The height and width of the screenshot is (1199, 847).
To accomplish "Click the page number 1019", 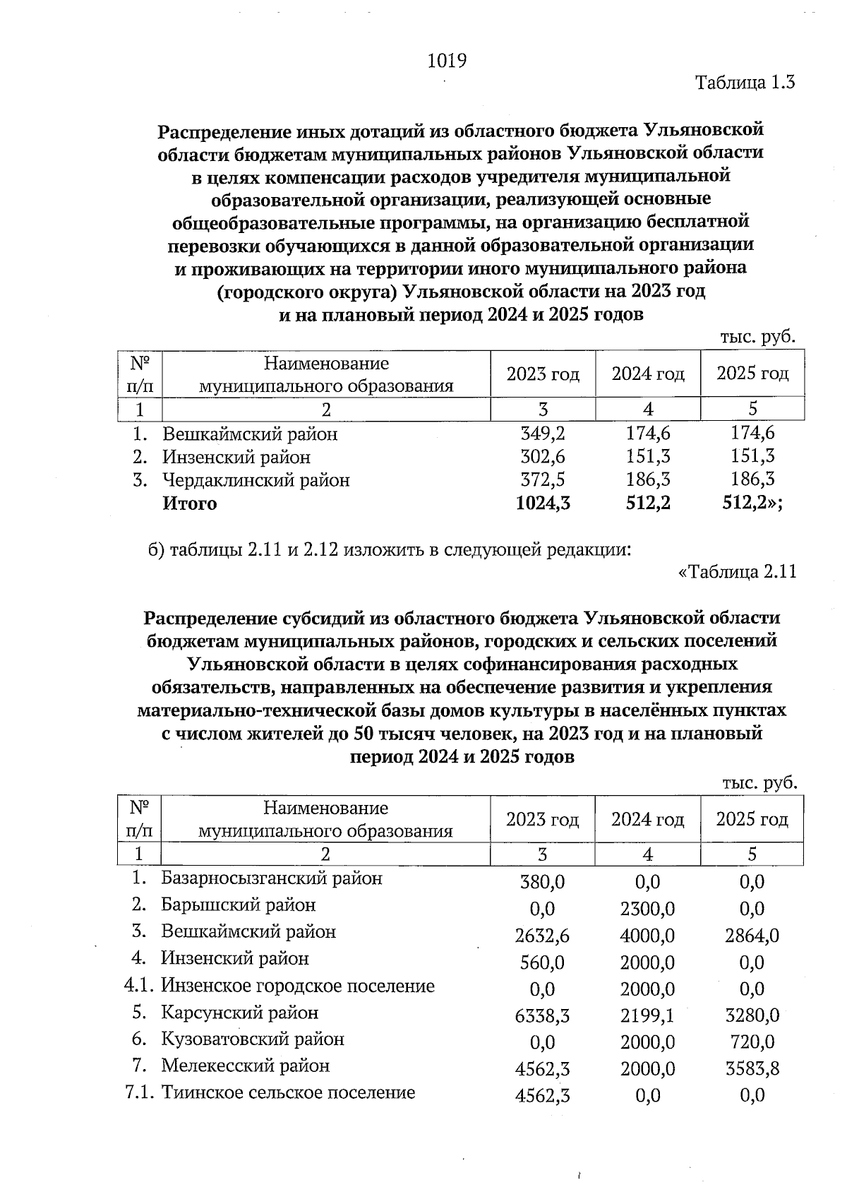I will click(x=447, y=61).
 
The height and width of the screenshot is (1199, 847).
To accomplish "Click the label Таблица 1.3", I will click(x=745, y=83).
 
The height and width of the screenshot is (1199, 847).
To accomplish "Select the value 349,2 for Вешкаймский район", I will click(x=543, y=433).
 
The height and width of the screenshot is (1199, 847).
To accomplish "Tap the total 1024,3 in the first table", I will click(x=543, y=503).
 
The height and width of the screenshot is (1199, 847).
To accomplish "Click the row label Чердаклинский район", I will click(x=256, y=480).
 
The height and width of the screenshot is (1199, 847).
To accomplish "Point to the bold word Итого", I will click(x=190, y=503).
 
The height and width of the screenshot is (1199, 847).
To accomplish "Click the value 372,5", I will click(x=543, y=480).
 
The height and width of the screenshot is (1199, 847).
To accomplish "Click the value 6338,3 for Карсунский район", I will click(x=543, y=1015).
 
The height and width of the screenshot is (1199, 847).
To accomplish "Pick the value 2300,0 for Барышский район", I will click(x=647, y=909).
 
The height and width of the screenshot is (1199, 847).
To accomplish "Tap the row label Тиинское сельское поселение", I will click(x=288, y=1093).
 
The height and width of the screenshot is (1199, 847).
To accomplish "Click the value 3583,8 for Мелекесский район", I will click(x=752, y=1069).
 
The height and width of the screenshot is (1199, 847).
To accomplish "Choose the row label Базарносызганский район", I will click(x=272, y=878).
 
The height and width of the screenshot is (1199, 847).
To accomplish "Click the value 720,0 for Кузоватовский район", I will click(x=752, y=1042).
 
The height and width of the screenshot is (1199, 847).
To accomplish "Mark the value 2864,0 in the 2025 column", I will click(x=752, y=936).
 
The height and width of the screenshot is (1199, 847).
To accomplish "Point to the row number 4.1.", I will click(x=139, y=986).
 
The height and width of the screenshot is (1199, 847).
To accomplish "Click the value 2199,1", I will click(x=647, y=1015).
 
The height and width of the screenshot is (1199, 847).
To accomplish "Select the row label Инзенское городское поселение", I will click(x=298, y=986).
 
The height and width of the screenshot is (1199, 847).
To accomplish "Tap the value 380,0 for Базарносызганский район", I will click(x=543, y=882).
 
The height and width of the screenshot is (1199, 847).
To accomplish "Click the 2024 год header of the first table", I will click(x=648, y=374).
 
